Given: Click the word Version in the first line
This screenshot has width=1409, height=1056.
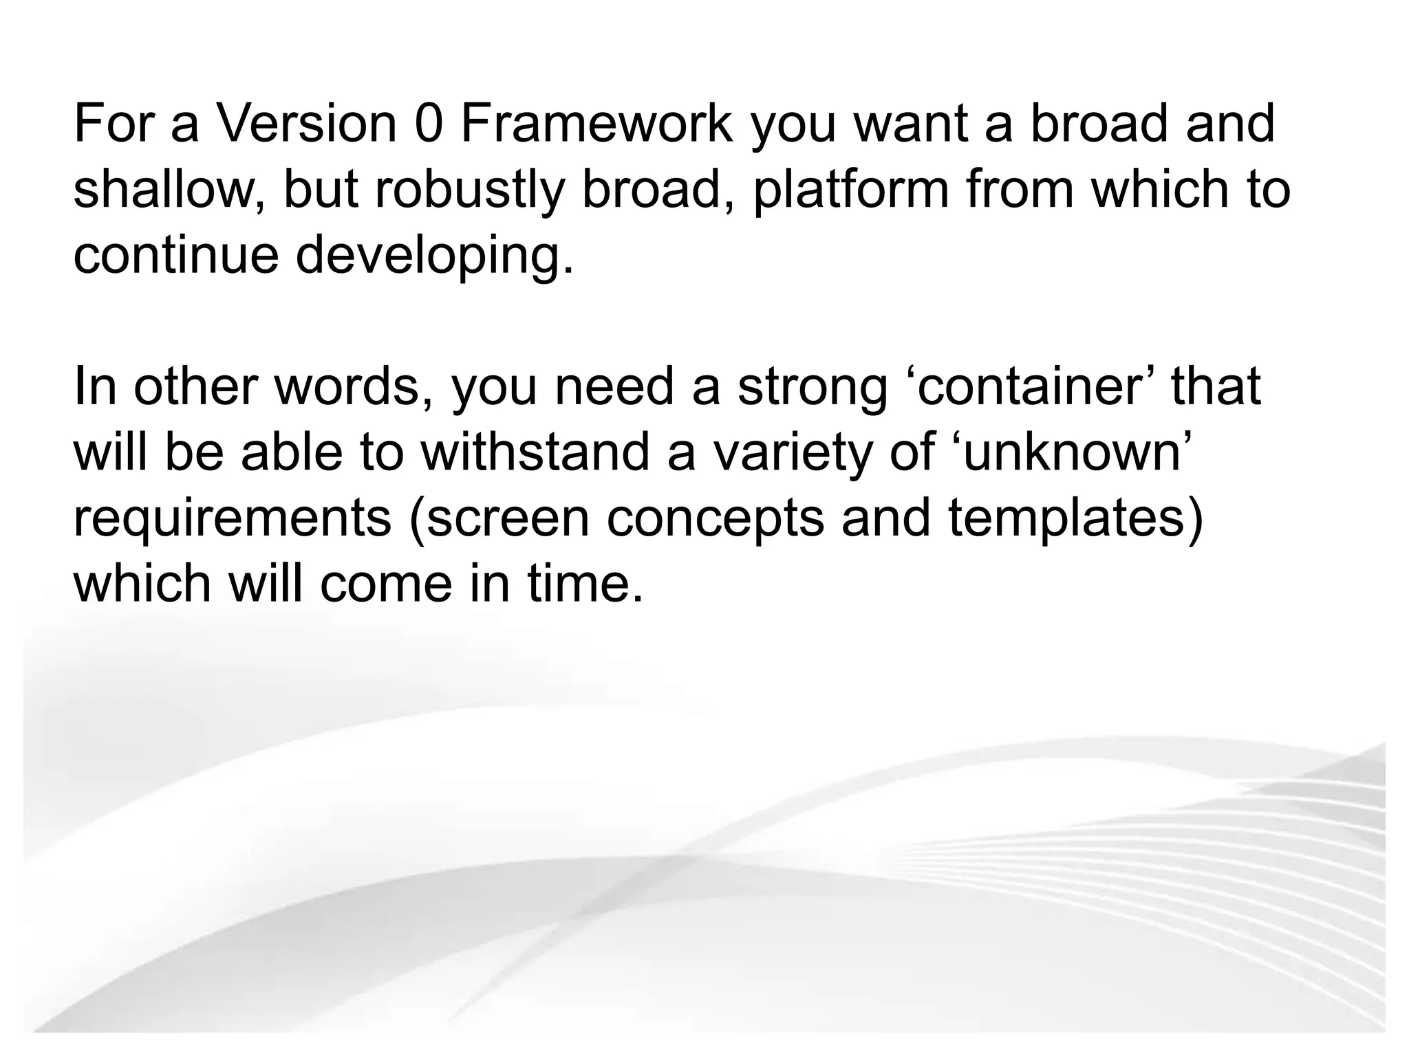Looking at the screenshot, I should point(306,124).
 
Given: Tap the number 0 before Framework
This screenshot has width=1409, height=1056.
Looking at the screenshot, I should point(428,124).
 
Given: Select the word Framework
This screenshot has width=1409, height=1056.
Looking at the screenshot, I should point(596,124).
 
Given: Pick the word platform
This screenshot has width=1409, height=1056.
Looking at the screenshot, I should point(850,190).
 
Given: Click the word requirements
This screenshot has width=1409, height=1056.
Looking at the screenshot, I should point(232,519).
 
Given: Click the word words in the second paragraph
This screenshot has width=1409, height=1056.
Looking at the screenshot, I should point(354,387).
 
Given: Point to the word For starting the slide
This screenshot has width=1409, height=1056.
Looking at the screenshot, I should point(114,124).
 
